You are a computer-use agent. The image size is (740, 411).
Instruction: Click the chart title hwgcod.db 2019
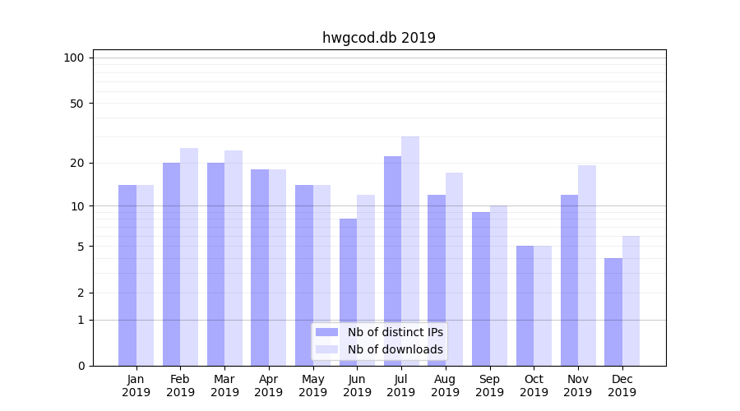378,38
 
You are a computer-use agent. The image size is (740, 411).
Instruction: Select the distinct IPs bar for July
392,261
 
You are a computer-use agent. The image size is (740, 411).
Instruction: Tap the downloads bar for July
410,251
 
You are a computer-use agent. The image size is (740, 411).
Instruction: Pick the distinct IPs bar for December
613,312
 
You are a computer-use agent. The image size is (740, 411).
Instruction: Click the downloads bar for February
189,256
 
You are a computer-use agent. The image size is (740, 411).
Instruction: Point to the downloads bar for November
587,266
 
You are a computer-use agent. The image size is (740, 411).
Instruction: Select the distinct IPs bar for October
525,306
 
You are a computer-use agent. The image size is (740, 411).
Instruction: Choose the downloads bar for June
366,280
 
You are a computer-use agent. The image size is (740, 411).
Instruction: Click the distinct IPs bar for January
127,275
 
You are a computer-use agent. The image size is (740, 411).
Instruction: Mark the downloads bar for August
455,269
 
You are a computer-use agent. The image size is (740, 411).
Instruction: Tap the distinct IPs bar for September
481,289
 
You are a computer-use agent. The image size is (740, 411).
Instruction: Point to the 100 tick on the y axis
74,58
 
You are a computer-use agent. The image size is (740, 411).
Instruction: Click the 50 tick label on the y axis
76,104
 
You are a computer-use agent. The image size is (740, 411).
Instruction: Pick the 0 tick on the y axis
81,366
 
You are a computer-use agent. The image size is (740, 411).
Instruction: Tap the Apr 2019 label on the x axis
269,386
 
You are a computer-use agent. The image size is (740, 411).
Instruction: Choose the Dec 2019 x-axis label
622,386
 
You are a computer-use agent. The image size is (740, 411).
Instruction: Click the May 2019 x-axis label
313,386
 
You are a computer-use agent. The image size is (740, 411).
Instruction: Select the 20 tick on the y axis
76,163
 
